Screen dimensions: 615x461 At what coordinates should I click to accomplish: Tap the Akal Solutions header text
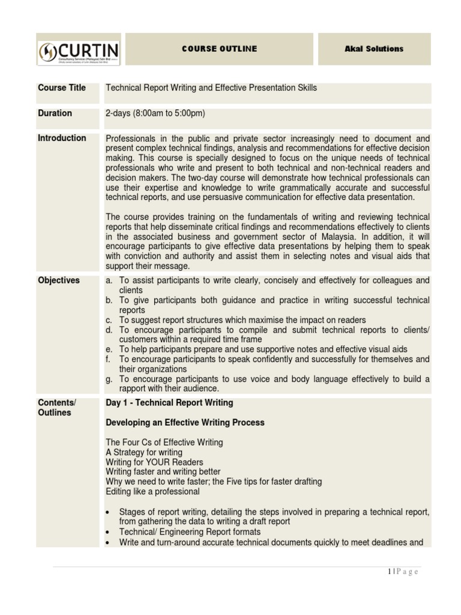click(x=373, y=49)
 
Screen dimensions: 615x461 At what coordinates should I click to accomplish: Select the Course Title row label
click(x=62, y=88)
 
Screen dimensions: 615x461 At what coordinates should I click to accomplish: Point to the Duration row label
click(x=55, y=113)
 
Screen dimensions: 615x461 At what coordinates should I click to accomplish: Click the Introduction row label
click(x=62, y=138)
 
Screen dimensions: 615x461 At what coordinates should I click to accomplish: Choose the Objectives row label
click(x=59, y=280)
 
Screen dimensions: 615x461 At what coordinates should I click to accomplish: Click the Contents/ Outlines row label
click(x=57, y=407)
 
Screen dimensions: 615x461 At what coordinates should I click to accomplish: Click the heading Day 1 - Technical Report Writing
click(x=169, y=402)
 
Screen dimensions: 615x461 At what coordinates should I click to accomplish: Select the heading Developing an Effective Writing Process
click(x=185, y=422)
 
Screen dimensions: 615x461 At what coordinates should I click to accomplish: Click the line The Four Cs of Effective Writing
click(x=164, y=442)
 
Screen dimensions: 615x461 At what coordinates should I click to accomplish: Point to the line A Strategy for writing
click(x=144, y=452)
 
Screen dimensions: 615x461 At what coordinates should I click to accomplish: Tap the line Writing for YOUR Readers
click(x=154, y=462)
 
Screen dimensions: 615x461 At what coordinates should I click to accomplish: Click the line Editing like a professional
click(x=152, y=491)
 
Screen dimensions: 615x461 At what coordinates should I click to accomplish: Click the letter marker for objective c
click(x=109, y=320)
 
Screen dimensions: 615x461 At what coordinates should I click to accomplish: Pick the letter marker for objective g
click(x=109, y=379)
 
